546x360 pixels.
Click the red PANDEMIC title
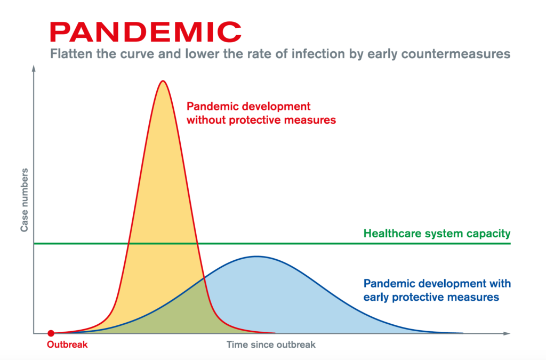(x=146, y=32)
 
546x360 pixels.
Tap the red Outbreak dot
(x=51, y=333)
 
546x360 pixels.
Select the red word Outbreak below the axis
(x=67, y=345)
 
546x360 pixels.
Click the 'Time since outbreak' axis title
(x=271, y=345)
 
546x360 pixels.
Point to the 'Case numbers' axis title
(x=24, y=200)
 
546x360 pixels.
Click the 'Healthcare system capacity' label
(x=437, y=233)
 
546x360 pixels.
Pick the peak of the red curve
(x=163, y=81)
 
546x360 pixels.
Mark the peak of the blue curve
(x=256, y=257)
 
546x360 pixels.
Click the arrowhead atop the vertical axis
(x=34, y=68)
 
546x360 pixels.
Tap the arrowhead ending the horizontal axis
(x=507, y=333)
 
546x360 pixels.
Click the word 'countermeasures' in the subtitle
(x=456, y=54)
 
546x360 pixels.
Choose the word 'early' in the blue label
(x=376, y=297)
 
